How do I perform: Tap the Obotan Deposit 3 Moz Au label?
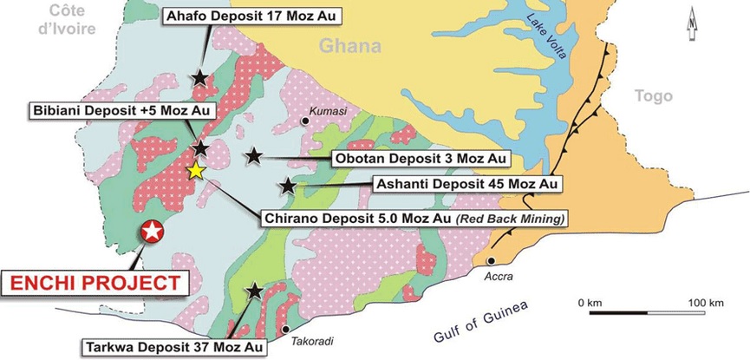pos(420,159)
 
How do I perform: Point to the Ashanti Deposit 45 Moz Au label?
pos(466,184)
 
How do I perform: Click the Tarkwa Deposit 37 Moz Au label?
pos(173,348)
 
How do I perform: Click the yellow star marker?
pos(197,171)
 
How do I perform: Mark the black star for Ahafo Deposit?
pos(200,78)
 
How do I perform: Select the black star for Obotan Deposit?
pos(253,156)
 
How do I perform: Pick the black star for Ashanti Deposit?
pos(288,186)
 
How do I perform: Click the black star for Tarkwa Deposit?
pos(255,292)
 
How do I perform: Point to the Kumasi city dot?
pos(306,122)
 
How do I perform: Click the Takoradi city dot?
pos(286,329)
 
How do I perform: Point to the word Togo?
pos(653,96)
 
